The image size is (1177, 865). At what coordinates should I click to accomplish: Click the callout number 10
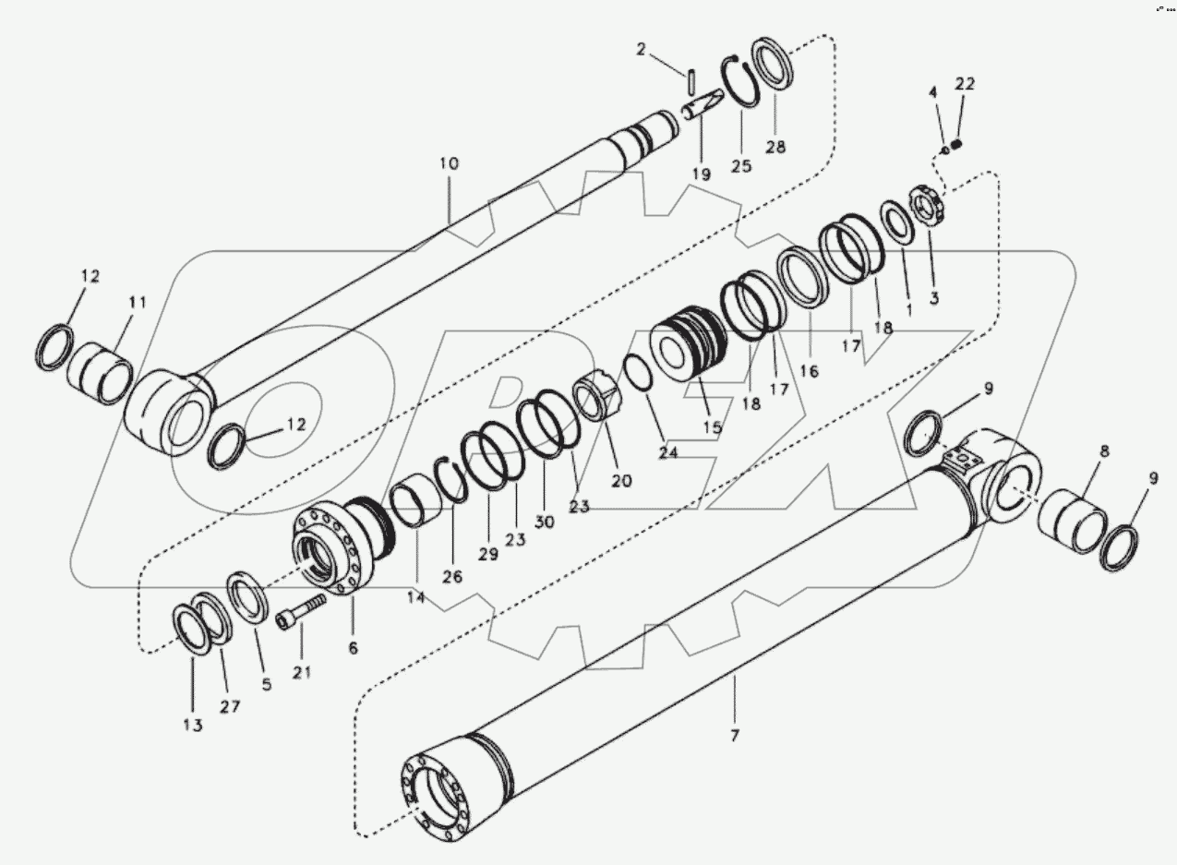(449, 163)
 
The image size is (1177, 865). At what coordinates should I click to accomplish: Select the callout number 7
(735, 736)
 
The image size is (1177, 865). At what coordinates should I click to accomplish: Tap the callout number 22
(964, 84)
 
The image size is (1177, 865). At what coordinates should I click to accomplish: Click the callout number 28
(775, 146)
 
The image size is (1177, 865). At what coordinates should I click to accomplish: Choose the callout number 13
(192, 725)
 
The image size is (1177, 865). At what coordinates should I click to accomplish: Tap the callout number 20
(621, 480)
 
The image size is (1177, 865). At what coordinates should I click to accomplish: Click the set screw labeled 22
(957, 143)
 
